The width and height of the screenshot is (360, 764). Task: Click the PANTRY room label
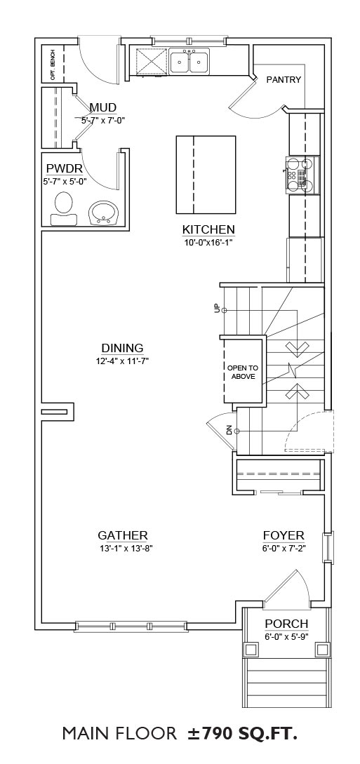284,80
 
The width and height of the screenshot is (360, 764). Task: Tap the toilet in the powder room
62,208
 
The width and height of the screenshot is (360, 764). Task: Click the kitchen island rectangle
206,175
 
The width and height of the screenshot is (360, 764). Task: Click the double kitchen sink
189,62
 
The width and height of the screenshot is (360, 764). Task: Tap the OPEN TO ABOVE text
243,372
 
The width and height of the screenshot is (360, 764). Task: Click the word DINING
122,348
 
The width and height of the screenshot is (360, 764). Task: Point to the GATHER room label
123,536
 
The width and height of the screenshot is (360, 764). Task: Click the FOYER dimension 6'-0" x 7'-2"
283,547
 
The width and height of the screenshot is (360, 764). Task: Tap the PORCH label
286,624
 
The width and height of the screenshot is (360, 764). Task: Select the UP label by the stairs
218,309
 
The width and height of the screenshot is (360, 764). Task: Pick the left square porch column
251,650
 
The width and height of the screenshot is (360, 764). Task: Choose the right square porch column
323,650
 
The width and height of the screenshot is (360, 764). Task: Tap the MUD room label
102,107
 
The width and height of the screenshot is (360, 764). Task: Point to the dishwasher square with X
151,62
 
